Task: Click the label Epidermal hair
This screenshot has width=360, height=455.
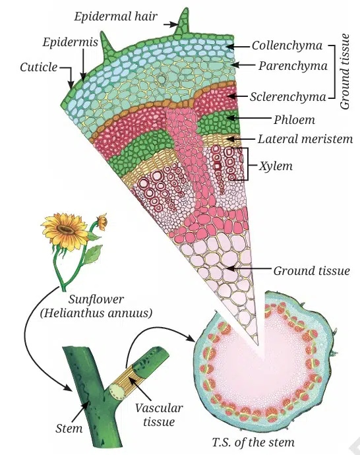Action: (x=116, y=16)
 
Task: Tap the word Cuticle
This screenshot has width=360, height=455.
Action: (x=39, y=67)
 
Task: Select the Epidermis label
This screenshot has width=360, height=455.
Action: (x=70, y=42)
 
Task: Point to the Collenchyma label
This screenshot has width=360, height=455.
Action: (x=287, y=45)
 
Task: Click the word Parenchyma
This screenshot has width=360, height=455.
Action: (x=293, y=66)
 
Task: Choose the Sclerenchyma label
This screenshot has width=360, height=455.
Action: (x=288, y=97)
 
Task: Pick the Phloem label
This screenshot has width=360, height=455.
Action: (x=294, y=119)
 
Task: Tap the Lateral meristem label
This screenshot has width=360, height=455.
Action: (x=305, y=139)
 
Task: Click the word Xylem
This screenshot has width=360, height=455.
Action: (x=276, y=166)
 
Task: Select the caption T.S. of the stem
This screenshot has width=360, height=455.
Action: (x=253, y=442)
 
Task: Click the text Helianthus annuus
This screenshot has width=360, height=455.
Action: (x=96, y=313)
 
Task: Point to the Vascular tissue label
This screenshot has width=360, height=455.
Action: (x=159, y=415)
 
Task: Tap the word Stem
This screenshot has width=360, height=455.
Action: (x=69, y=429)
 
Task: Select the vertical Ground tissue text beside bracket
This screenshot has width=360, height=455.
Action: (x=345, y=72)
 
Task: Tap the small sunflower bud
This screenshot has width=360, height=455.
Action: (x=102, y=222)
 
